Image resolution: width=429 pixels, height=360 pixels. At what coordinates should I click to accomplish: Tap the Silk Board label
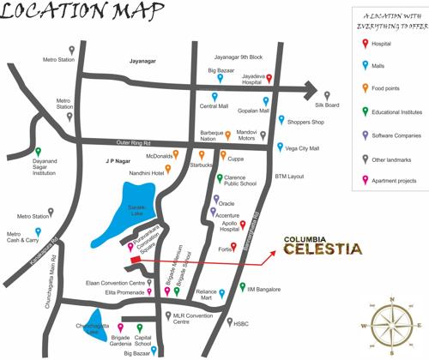pyautogui.click(x=327, y=105)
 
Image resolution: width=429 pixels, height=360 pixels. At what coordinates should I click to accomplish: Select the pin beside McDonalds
pyautogui.click(x=178, y=156)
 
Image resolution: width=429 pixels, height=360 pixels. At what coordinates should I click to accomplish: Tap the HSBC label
pyautogui.click(x=241, y=324)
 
